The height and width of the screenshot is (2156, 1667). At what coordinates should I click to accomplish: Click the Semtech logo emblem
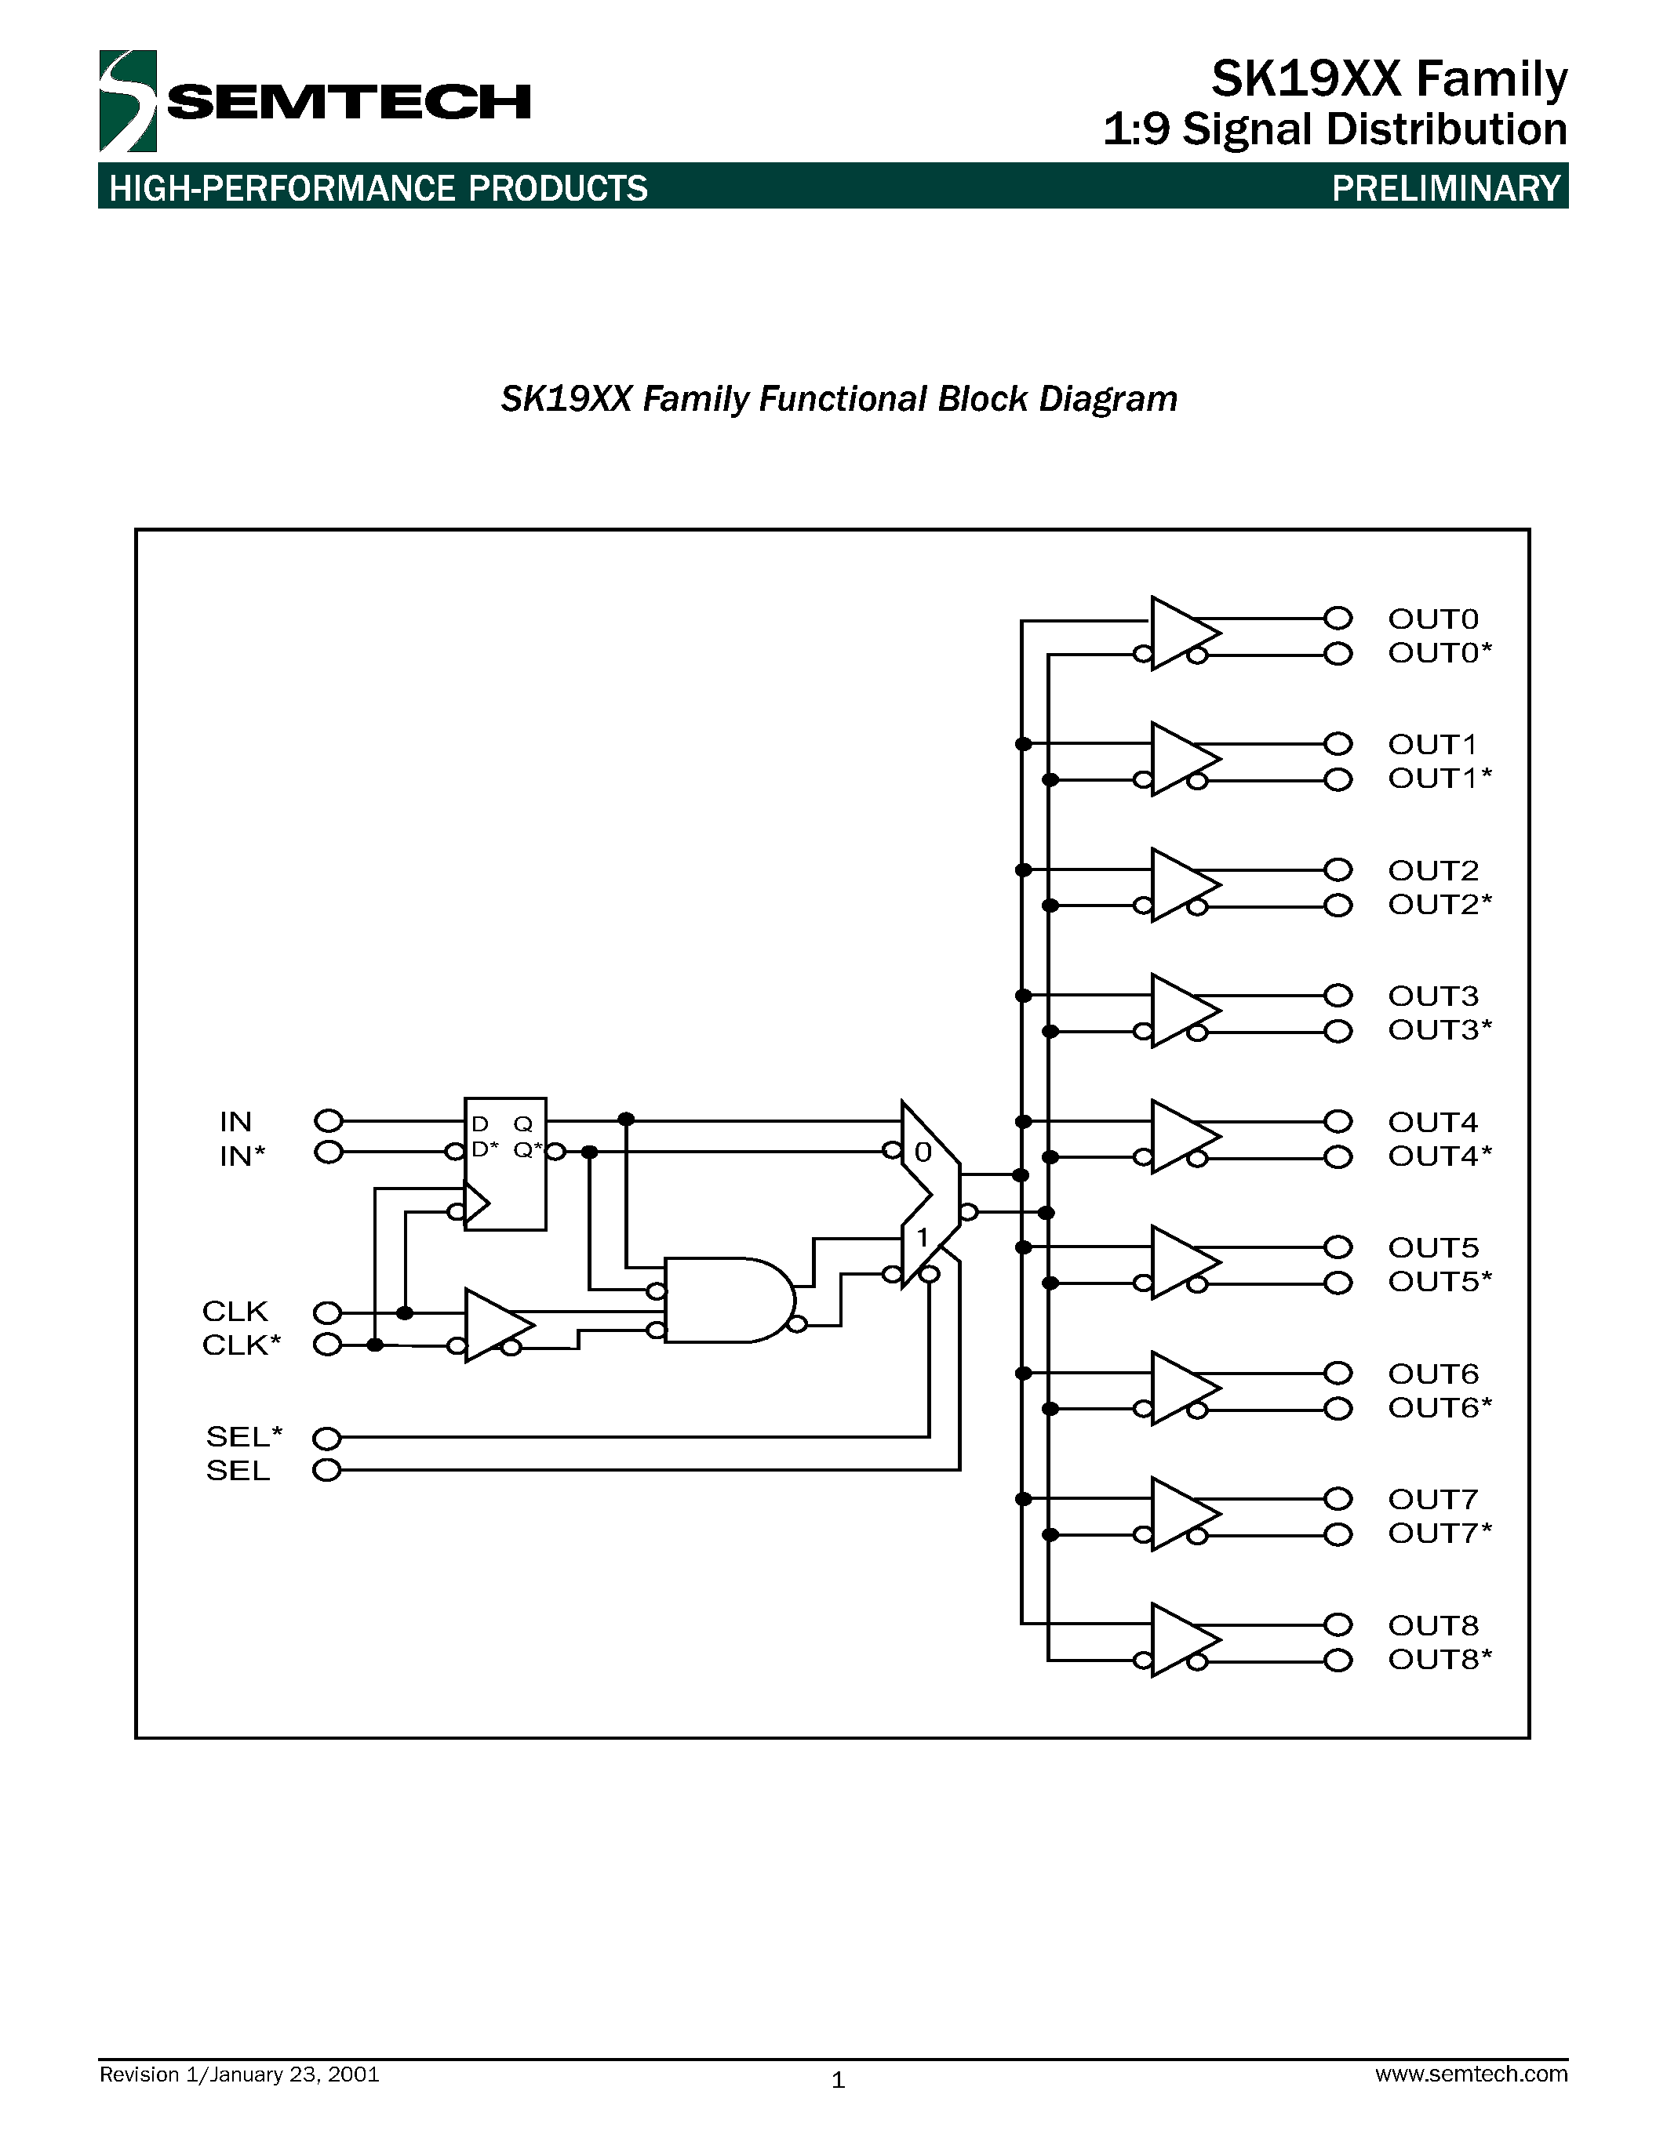coord(127,100)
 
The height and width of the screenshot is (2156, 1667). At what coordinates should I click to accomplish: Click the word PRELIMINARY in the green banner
coord(1446,187)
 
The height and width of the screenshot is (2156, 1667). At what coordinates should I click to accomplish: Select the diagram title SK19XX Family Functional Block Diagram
coord(839,399)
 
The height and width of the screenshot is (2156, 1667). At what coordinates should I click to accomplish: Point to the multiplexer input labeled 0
coord(923,1152)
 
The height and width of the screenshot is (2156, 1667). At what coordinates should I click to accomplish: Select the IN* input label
coord(242,1156)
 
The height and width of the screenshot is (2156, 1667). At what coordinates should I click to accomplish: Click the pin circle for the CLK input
coord(327,1312)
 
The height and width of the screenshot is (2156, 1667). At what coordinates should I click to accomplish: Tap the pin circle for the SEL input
coord(327,1470)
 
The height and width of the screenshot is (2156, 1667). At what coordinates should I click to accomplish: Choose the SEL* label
coord(244,1436)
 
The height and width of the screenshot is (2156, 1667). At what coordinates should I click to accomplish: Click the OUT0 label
coord(1433,619)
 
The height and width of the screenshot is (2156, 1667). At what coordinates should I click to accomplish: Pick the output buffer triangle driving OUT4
coord(1182,1136)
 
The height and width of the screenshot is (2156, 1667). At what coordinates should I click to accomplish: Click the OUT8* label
coord(1439,1660)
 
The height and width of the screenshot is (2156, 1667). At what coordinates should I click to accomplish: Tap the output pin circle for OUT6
coord(1338,1373)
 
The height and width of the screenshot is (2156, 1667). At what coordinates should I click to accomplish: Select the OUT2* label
coord(1439,904)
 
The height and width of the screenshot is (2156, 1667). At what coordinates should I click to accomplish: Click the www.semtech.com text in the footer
coord(1470,2073)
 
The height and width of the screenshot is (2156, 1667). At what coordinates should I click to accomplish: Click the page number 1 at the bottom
coord(838,2080)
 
